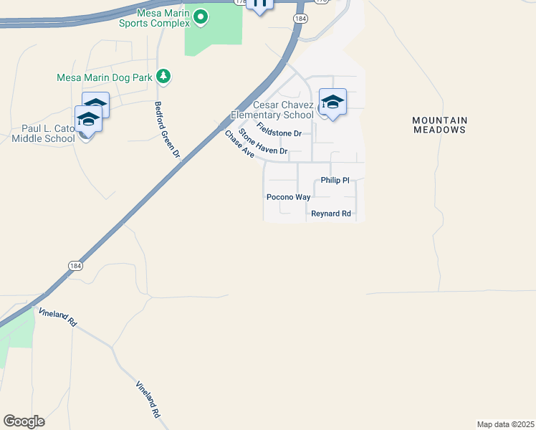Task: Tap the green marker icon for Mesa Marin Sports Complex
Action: pos(201,16)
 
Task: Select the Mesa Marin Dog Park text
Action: pos(105,77)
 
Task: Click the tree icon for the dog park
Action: pos(164,76)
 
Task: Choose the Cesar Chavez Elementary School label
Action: pos(272,110)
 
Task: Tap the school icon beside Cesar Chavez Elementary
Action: pos(332,102)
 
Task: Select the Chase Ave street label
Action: pos(239,143)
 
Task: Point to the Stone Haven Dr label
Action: pos(263,142)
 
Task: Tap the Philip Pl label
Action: pos(335,181)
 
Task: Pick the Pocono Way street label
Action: pos(288,196)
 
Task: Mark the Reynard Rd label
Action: pos(330,214)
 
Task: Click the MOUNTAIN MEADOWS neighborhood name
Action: pos(440,125)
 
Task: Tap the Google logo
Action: pos(24,421)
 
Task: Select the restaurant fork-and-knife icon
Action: pos(259,4)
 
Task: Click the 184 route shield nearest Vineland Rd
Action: pos(75,265)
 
